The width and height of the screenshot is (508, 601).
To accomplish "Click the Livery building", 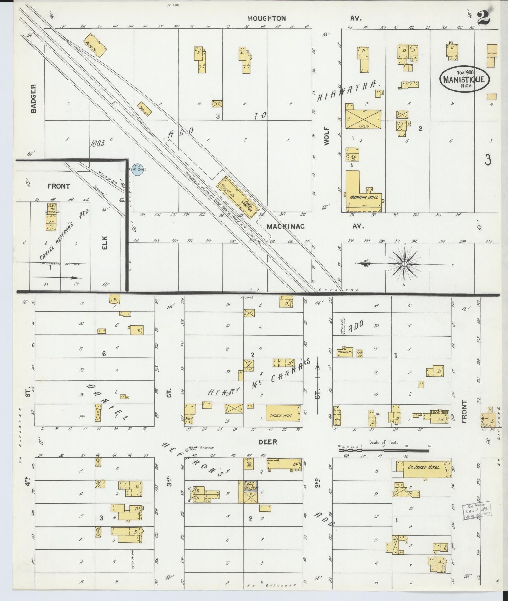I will coord(363,119).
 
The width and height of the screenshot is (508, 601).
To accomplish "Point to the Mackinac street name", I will coord(285,227).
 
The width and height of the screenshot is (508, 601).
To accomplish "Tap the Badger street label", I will coord(34,98).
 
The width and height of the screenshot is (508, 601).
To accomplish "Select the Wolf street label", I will coord(326,136).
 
